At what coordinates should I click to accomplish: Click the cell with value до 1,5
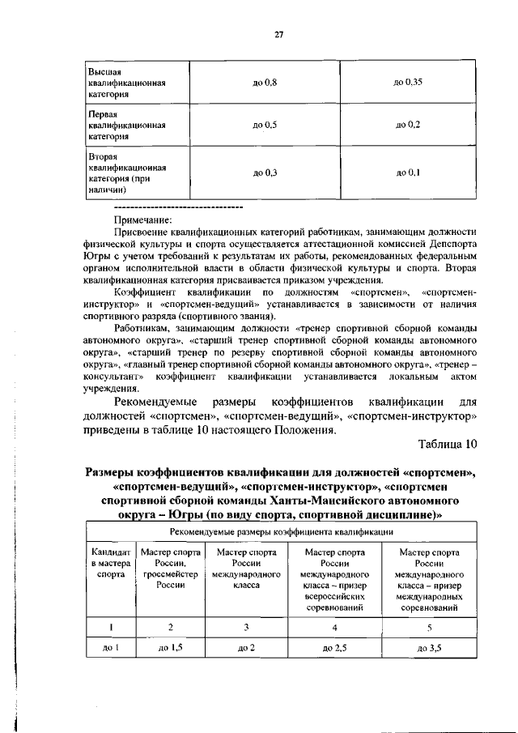click(171, 648)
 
